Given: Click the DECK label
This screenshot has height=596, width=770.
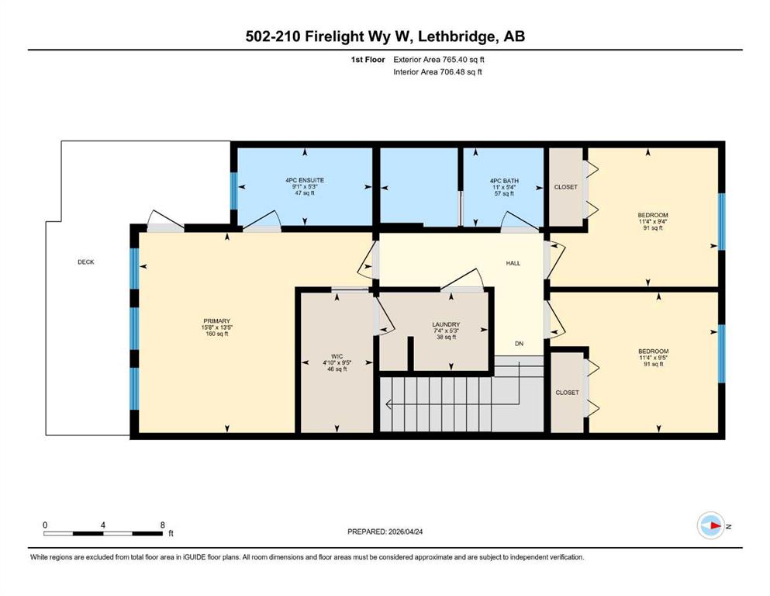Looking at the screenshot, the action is click(x=86, y=262).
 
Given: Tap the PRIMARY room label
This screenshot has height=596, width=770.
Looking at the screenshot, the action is click(x=216, y=321).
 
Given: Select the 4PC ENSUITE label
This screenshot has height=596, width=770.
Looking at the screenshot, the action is click(x=305, y=180).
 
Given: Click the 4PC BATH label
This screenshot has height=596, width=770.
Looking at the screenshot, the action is click(x=504, y=181).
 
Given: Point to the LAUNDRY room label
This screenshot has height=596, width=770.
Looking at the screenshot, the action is click(x=446, y=325).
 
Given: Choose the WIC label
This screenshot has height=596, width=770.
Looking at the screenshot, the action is click(x=337, y=357).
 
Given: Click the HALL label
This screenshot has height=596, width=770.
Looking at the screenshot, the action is click(x=513, y=263).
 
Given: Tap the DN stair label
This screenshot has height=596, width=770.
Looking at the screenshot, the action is click(x=519, y=344).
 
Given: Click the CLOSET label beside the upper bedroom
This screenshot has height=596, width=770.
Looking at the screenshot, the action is click(x=566, y=187).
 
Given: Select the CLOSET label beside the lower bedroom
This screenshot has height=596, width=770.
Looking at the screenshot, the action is click(x=567, y=393).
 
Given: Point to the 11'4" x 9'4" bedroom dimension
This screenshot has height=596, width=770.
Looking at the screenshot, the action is click(x=653, y=222).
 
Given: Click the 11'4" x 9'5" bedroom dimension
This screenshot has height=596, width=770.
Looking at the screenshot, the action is click(x=653, y=358).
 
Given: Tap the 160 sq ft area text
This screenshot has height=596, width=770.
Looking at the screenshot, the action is click(x=216, y=334).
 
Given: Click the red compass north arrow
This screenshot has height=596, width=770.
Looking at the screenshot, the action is click(x=715, y=526).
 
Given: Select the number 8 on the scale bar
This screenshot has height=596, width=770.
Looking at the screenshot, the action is click(x=163, y=525).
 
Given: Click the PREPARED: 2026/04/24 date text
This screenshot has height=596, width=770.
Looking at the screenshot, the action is click(x=385, y=532).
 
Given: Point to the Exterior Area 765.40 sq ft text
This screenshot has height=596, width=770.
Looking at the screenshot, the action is click(x=439, y=60).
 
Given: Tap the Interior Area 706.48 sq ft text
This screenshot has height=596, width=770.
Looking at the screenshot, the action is click(x=437, y=71).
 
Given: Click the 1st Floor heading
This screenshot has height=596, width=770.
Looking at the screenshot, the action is click(x=368, y=60).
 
